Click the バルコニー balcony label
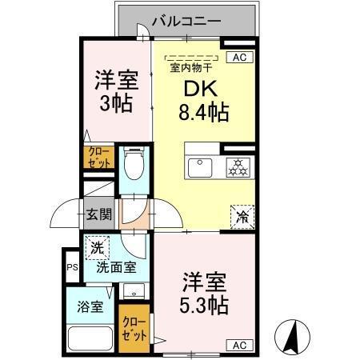[186, 21]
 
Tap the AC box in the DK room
[238, 57]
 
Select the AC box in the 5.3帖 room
[238, 345]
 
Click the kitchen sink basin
[200, 166]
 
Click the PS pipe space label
[71, 268]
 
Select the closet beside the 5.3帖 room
[134, 328]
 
